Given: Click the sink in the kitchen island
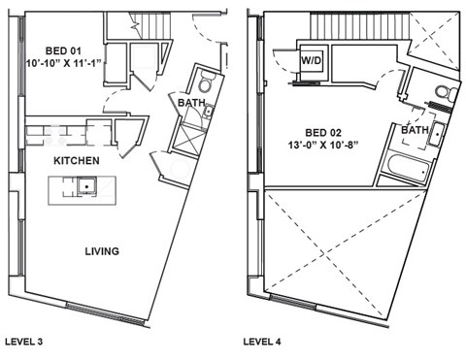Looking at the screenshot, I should pos(88,184).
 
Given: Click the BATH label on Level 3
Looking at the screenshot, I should pos(189,102).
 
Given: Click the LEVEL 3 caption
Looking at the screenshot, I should pos(26,342).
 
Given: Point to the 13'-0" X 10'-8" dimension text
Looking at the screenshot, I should pos(333,146).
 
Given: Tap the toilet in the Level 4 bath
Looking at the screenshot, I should pos(443,93).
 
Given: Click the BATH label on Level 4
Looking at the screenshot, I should pos(416,129).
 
